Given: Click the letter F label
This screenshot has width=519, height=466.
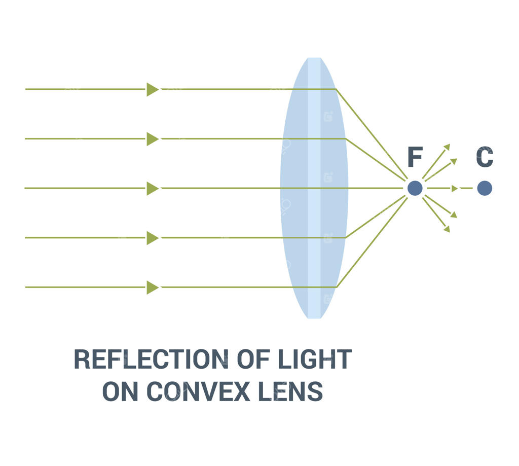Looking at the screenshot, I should point(415,158).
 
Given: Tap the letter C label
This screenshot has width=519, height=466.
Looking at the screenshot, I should point(485,158).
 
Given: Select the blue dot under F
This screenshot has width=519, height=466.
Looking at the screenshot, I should point(415,188).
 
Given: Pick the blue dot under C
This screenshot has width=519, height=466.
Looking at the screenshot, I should point(485,188).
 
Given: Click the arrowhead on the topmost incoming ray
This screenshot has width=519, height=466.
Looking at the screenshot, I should point(153,89).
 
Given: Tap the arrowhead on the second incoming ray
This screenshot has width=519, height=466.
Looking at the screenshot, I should point(153,138).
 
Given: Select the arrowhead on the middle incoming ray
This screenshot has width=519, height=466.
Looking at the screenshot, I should point(153,188).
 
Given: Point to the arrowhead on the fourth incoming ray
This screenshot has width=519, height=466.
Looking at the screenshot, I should point(153,237).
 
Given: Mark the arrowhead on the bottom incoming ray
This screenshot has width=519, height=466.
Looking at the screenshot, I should point(153,287).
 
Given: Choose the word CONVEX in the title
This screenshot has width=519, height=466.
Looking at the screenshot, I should point(199,391).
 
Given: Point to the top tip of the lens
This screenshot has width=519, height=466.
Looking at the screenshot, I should point(314,58).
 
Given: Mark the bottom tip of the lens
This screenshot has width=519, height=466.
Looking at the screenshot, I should point(314,317).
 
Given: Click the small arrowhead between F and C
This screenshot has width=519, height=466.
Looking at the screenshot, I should point(455,188).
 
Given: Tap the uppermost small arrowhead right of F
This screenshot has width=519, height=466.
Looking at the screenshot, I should point(447,147).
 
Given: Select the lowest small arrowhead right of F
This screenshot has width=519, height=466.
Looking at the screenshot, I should point(447,229).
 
